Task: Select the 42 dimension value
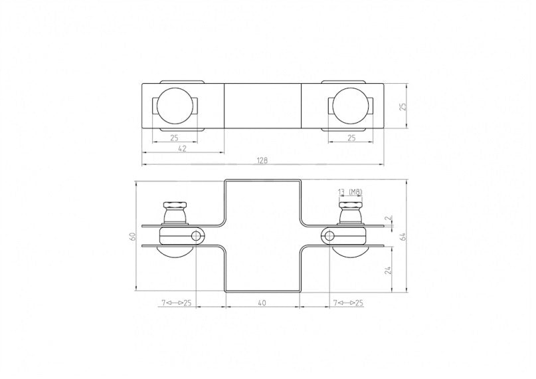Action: click(182, 149)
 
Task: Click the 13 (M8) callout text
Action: click(350, 192)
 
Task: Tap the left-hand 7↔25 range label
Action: click(176, 303)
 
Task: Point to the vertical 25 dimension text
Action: click(402, 105)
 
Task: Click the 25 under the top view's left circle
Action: click(175, 138)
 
